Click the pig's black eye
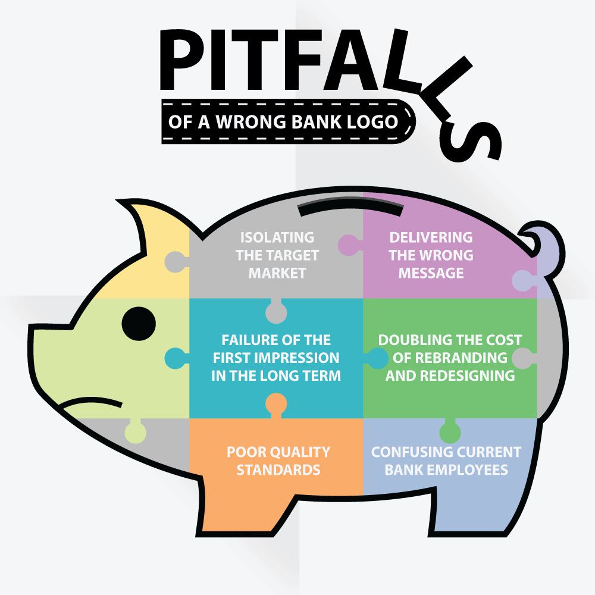[139, 324]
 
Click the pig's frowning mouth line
[92, 402]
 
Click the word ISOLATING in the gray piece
[277, 237]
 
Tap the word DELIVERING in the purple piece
[431, 237]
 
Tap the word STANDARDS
[278, 470]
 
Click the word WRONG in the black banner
[250, 122]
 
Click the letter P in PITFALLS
[181, 60]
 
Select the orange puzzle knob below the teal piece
[276, 405]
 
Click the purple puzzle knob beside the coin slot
[349, 245]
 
